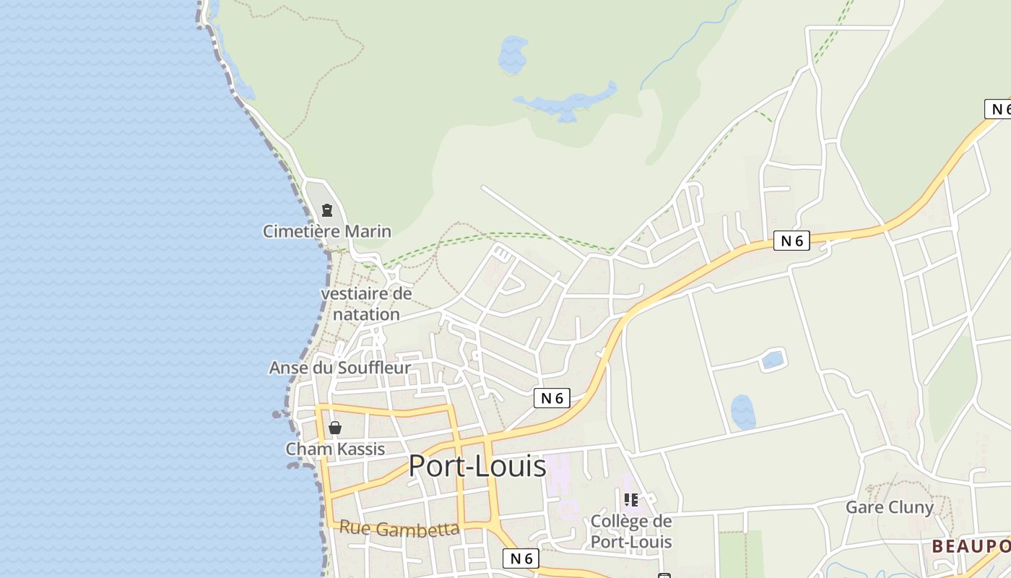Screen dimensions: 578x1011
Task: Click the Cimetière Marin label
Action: pyautogui.click(x=326, y=231)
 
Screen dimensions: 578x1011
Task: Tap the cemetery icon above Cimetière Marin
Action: pyautogui.click(x=326, y=210)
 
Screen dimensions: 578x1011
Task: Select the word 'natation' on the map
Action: pyautogui.click(x=366, y=314)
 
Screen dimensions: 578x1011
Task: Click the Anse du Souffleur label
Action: pyautogui.click(x=339, y=368)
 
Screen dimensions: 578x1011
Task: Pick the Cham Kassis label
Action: pyautogui.click(x=335, y=449)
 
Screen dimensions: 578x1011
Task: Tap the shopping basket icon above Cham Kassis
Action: pyautogui.click(x=335, y=428)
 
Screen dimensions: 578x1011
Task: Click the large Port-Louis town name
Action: pyautogui.click(x=477, y=466)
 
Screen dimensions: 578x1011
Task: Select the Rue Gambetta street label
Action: pyautogui.click(x=399, y=529)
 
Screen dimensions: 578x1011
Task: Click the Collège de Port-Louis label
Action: pyautogui.click(x=631, y=531)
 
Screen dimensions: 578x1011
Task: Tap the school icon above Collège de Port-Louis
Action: pyautogui.click(x=631, y=499)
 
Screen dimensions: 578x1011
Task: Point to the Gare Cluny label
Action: pyautogui.click(x=889, y=507)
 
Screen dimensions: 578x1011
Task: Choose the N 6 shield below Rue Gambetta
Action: pyautogui.click(x=521, y=558)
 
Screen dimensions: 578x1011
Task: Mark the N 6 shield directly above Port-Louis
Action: pyautogui.click(x=552, y=398)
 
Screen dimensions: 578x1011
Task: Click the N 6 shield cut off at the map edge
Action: pyautogui.click(x=998, y=109)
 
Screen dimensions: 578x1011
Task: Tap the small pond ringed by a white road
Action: pyautogui.click(x=773, y=359)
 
